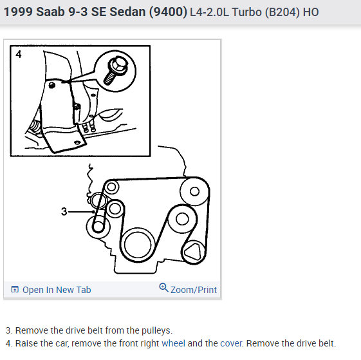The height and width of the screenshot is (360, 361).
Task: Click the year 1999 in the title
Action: (17, 12)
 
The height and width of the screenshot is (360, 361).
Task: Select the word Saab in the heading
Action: (49, 12)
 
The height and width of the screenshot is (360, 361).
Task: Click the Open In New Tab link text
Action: (57, 290)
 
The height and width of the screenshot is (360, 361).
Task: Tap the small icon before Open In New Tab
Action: (15, 290)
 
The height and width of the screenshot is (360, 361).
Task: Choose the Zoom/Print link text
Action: (194, 290)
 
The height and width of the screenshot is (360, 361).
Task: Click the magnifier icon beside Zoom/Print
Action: (163, 288)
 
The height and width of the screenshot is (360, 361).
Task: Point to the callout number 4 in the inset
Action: (18, 55)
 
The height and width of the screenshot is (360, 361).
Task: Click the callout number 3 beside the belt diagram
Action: (64, 211)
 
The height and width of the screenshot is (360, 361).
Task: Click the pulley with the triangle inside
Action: (193, 252)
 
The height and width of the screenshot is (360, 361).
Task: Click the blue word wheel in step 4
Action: (173, 343)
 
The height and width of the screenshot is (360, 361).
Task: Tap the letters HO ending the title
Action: (311, 13)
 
